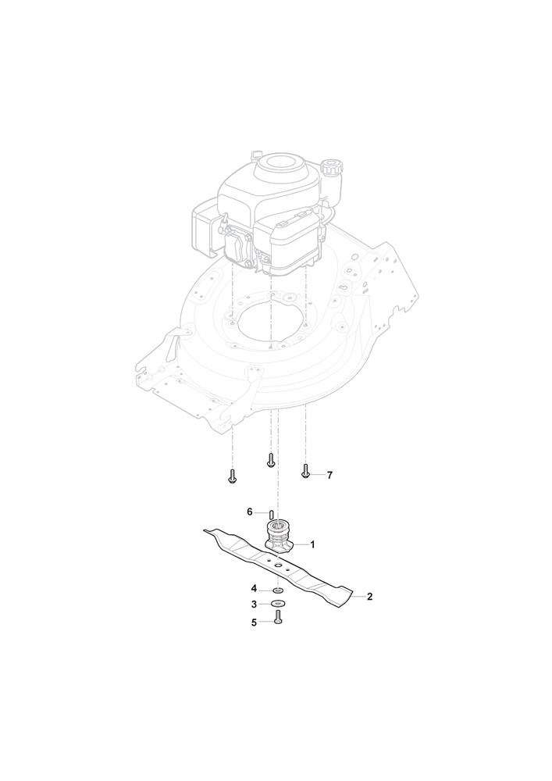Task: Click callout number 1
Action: click(312, 545)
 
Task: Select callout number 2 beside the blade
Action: click(369, 596)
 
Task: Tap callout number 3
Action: click(254, 604)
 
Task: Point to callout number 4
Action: click(254, 589)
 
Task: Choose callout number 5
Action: click(254, 622)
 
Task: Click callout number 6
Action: click(251, 512)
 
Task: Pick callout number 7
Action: click(329, 475)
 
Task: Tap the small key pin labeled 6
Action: click(271, 513)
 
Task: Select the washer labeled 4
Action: click(278, 590)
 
